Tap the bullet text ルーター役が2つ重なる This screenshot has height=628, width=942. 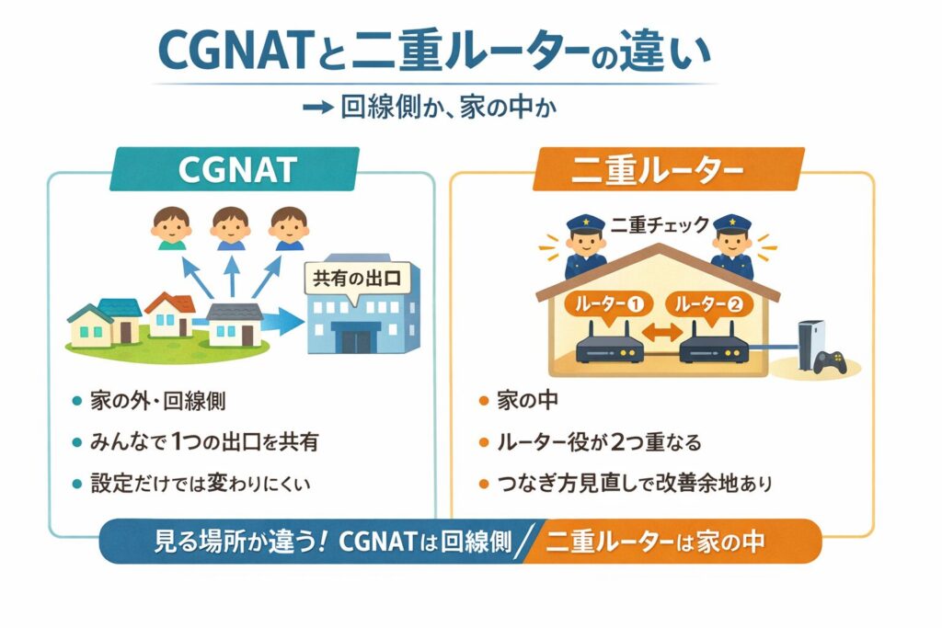click(598, 441)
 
